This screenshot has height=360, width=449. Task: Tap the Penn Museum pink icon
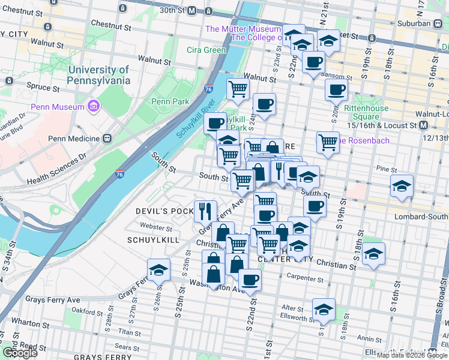[92, 107]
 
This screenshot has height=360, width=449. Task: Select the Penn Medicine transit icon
[107, 138]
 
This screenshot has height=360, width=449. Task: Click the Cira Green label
[205, 50]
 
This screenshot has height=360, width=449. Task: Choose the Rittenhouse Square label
[366, 112]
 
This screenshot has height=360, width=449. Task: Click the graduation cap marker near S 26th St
[158, 269]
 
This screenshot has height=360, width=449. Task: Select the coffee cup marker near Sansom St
[313, 61]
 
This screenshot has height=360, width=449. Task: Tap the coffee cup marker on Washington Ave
[250, 278]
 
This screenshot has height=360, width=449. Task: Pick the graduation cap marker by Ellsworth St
[324, 309]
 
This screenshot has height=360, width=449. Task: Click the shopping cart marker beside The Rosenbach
[328, 142]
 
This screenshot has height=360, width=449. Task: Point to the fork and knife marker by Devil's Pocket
[206, 210]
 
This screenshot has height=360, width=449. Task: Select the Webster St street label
[155, 226]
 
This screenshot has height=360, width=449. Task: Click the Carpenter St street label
[305, 278]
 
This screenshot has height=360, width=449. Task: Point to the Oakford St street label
[84, 311]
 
